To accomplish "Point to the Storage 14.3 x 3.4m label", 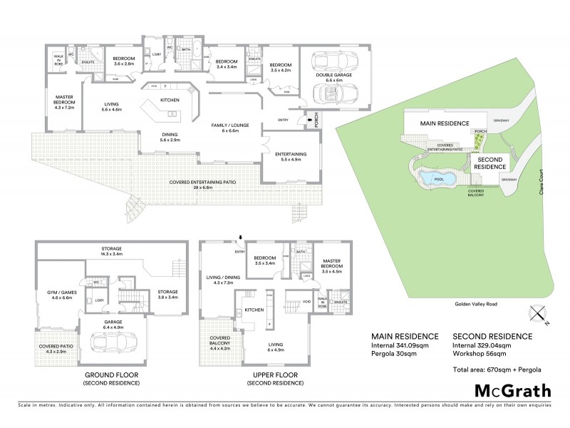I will tap(111, 251).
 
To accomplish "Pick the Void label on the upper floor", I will tap(307, 302).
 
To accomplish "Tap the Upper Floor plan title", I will tap(275, 375).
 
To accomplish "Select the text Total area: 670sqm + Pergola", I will tap(497, 369).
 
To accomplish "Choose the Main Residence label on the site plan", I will tap(437, 123).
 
